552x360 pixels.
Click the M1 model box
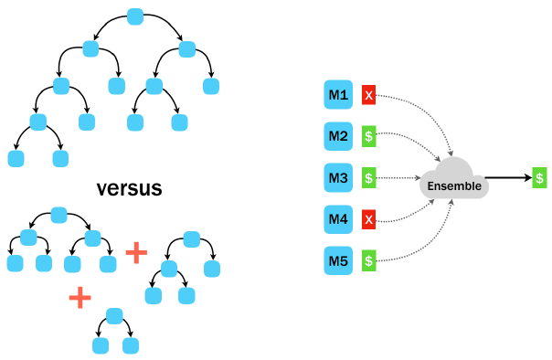(338, 95)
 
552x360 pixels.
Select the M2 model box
(338, 136)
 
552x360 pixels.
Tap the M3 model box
(338, 177)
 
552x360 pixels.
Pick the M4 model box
(338, 219)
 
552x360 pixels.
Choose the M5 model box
(338, 260)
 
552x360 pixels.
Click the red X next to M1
(368, 95)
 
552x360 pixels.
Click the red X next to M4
(368, 219)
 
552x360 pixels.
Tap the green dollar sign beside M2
(368, 136)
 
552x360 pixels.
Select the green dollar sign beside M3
(368, 177)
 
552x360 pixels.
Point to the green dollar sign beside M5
(368, 260)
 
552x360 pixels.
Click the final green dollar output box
(540, 178)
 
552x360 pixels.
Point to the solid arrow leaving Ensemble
(507, 178)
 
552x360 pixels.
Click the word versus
(129, 189)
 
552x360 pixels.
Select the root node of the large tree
(135, 16)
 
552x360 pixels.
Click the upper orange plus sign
(135, 252)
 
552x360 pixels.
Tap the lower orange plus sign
(80, 297)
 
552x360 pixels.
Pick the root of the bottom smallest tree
(114, 315)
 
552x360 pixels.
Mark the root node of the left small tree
(58, 216)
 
